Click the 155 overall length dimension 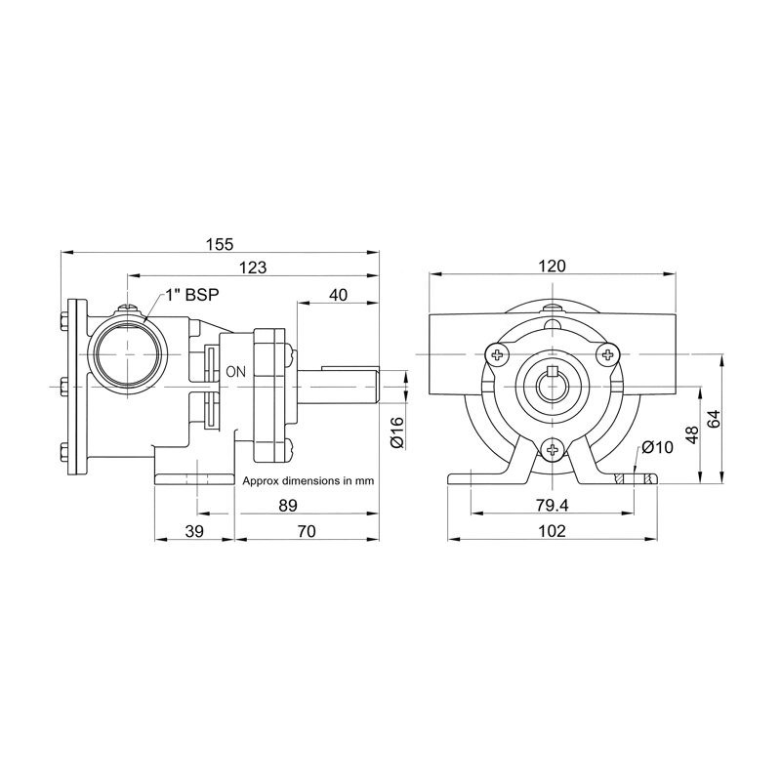pyautogui.click(x=220, y=244)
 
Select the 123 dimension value pyautogui.click(x=253, y=267)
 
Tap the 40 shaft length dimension pyautogui.click(x=338, y=295)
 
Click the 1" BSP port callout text pyautogui.click(x=192, y=295)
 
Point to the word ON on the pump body pyautogui.click(x=236, y=371)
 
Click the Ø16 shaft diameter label pyautogui.click(x=397, y=432)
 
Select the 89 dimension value pyautogui.click(x=288, y=506)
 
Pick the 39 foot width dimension pyautogui.click(x=194, y=531)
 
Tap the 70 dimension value pyautogui.click(x=307, y=531)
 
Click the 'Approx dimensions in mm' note pyautogui.click(x=308, y=481)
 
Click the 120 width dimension pyautogui.click(x=553, y=266)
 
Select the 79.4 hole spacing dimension pyautogui.click(x=553, y=506)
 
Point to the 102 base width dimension pyautogui.click(x=553, y=531)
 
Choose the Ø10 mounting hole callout pyautogui.click(x=657, y=447)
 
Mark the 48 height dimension pyautogui.click(x=692, y=434)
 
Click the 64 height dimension pyautogui.click(x=714, y=419)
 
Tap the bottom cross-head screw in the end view pyautogui.click(x=553, y=450)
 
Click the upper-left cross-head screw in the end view pyautogui.click(x=497, y=354)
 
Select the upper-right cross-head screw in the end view pyautogui.click(x=608, y=354)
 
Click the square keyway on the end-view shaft pyautogui.click(x=552, y=372)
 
